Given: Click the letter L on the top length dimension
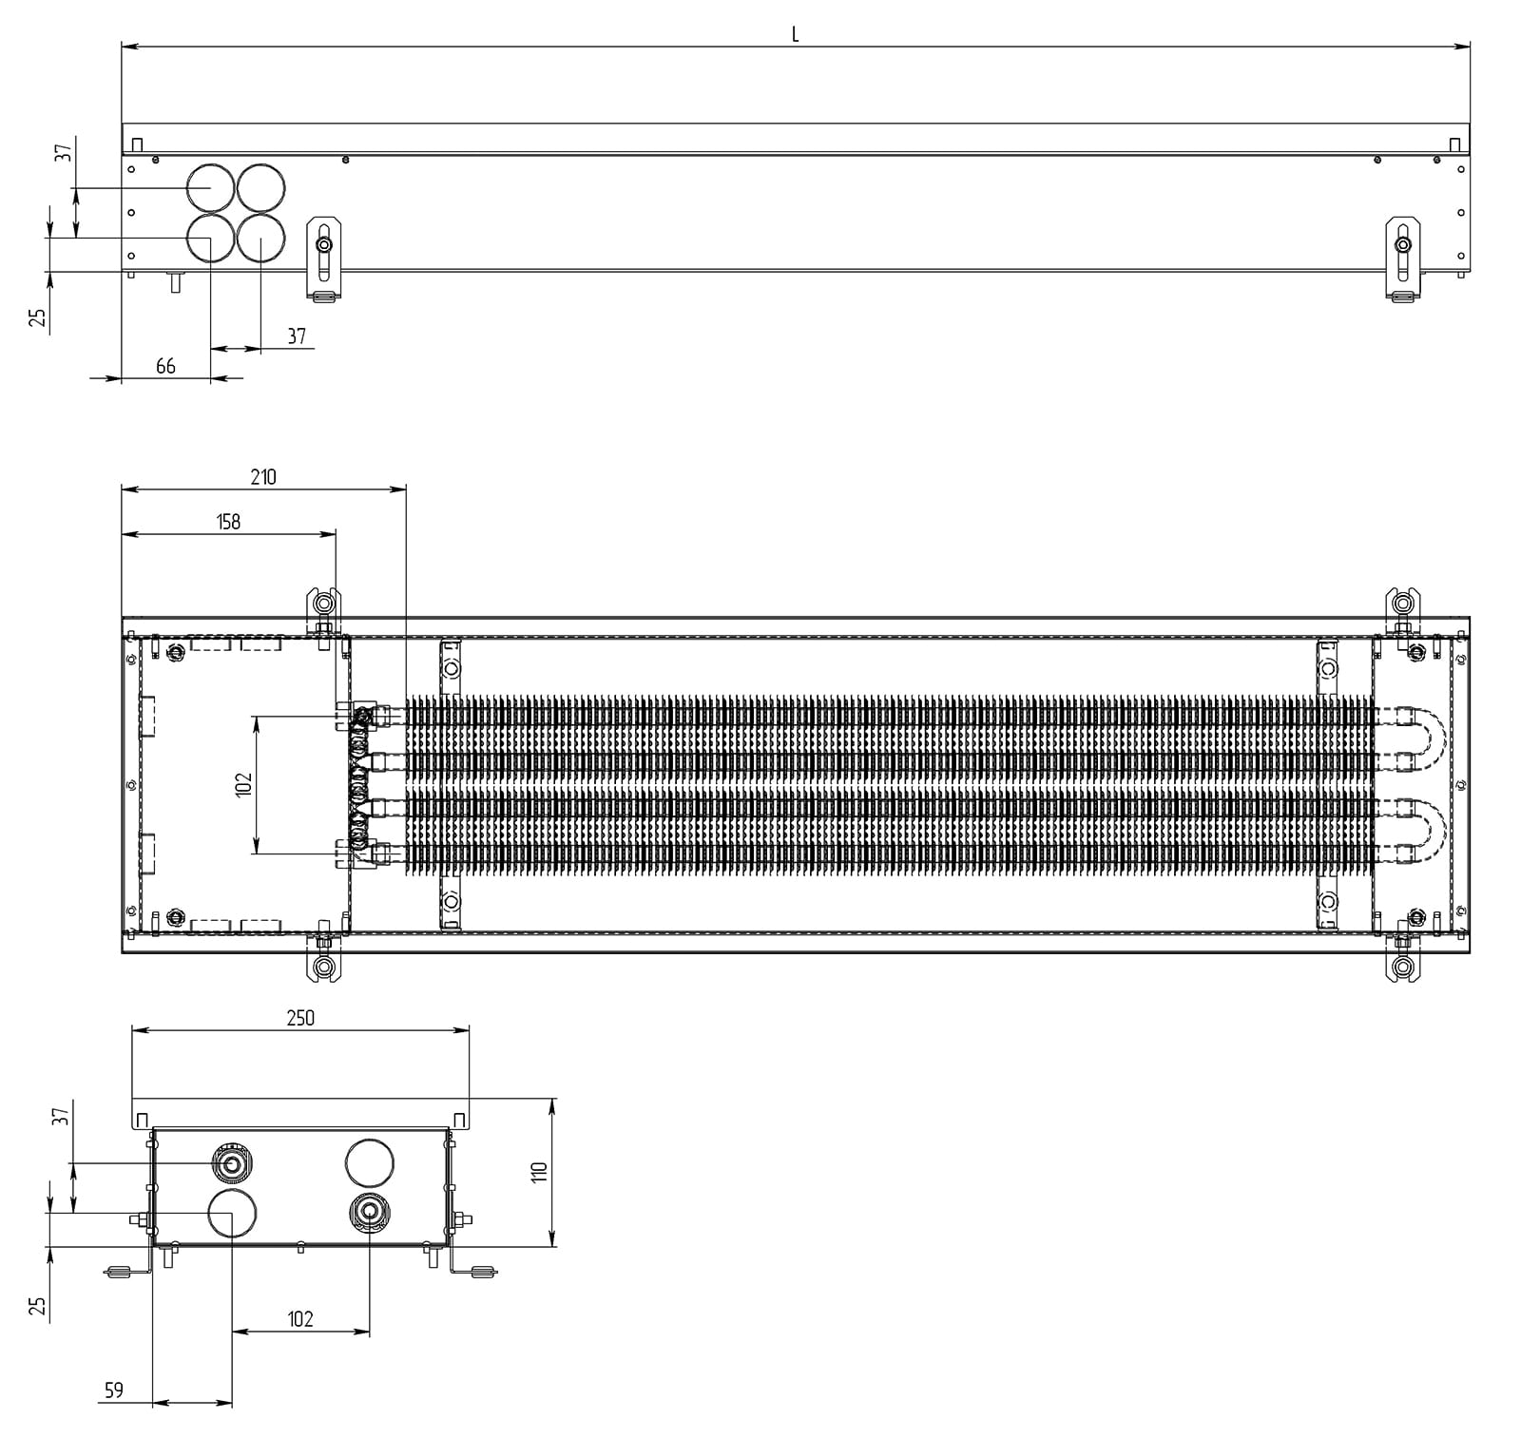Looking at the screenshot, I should [x=795, y=35].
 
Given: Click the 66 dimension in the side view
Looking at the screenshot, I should [x=165, y=366].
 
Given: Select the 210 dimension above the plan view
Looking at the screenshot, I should [x=263, y=477].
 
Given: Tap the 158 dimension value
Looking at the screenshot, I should [x=229, y=522].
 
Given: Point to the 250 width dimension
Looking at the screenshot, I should [x=300, y=1018].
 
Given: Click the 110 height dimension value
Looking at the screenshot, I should [x=540, y=1172].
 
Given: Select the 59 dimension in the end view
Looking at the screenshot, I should [x=114, y=1390].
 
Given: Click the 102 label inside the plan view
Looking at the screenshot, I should [x=243, y=784].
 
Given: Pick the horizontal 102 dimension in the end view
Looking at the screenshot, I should [x=300, y=1319].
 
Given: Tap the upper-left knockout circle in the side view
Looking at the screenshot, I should [x=210, y=187].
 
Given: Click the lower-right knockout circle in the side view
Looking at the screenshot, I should [x=261, y=238].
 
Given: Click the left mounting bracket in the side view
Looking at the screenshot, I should [x=324, y=259].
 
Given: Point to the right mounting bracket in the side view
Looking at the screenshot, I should [x=1403, y=259].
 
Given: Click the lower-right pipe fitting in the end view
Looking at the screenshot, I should [x=369, y=1212].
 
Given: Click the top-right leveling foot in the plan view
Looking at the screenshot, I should [x=1403, y=604].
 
